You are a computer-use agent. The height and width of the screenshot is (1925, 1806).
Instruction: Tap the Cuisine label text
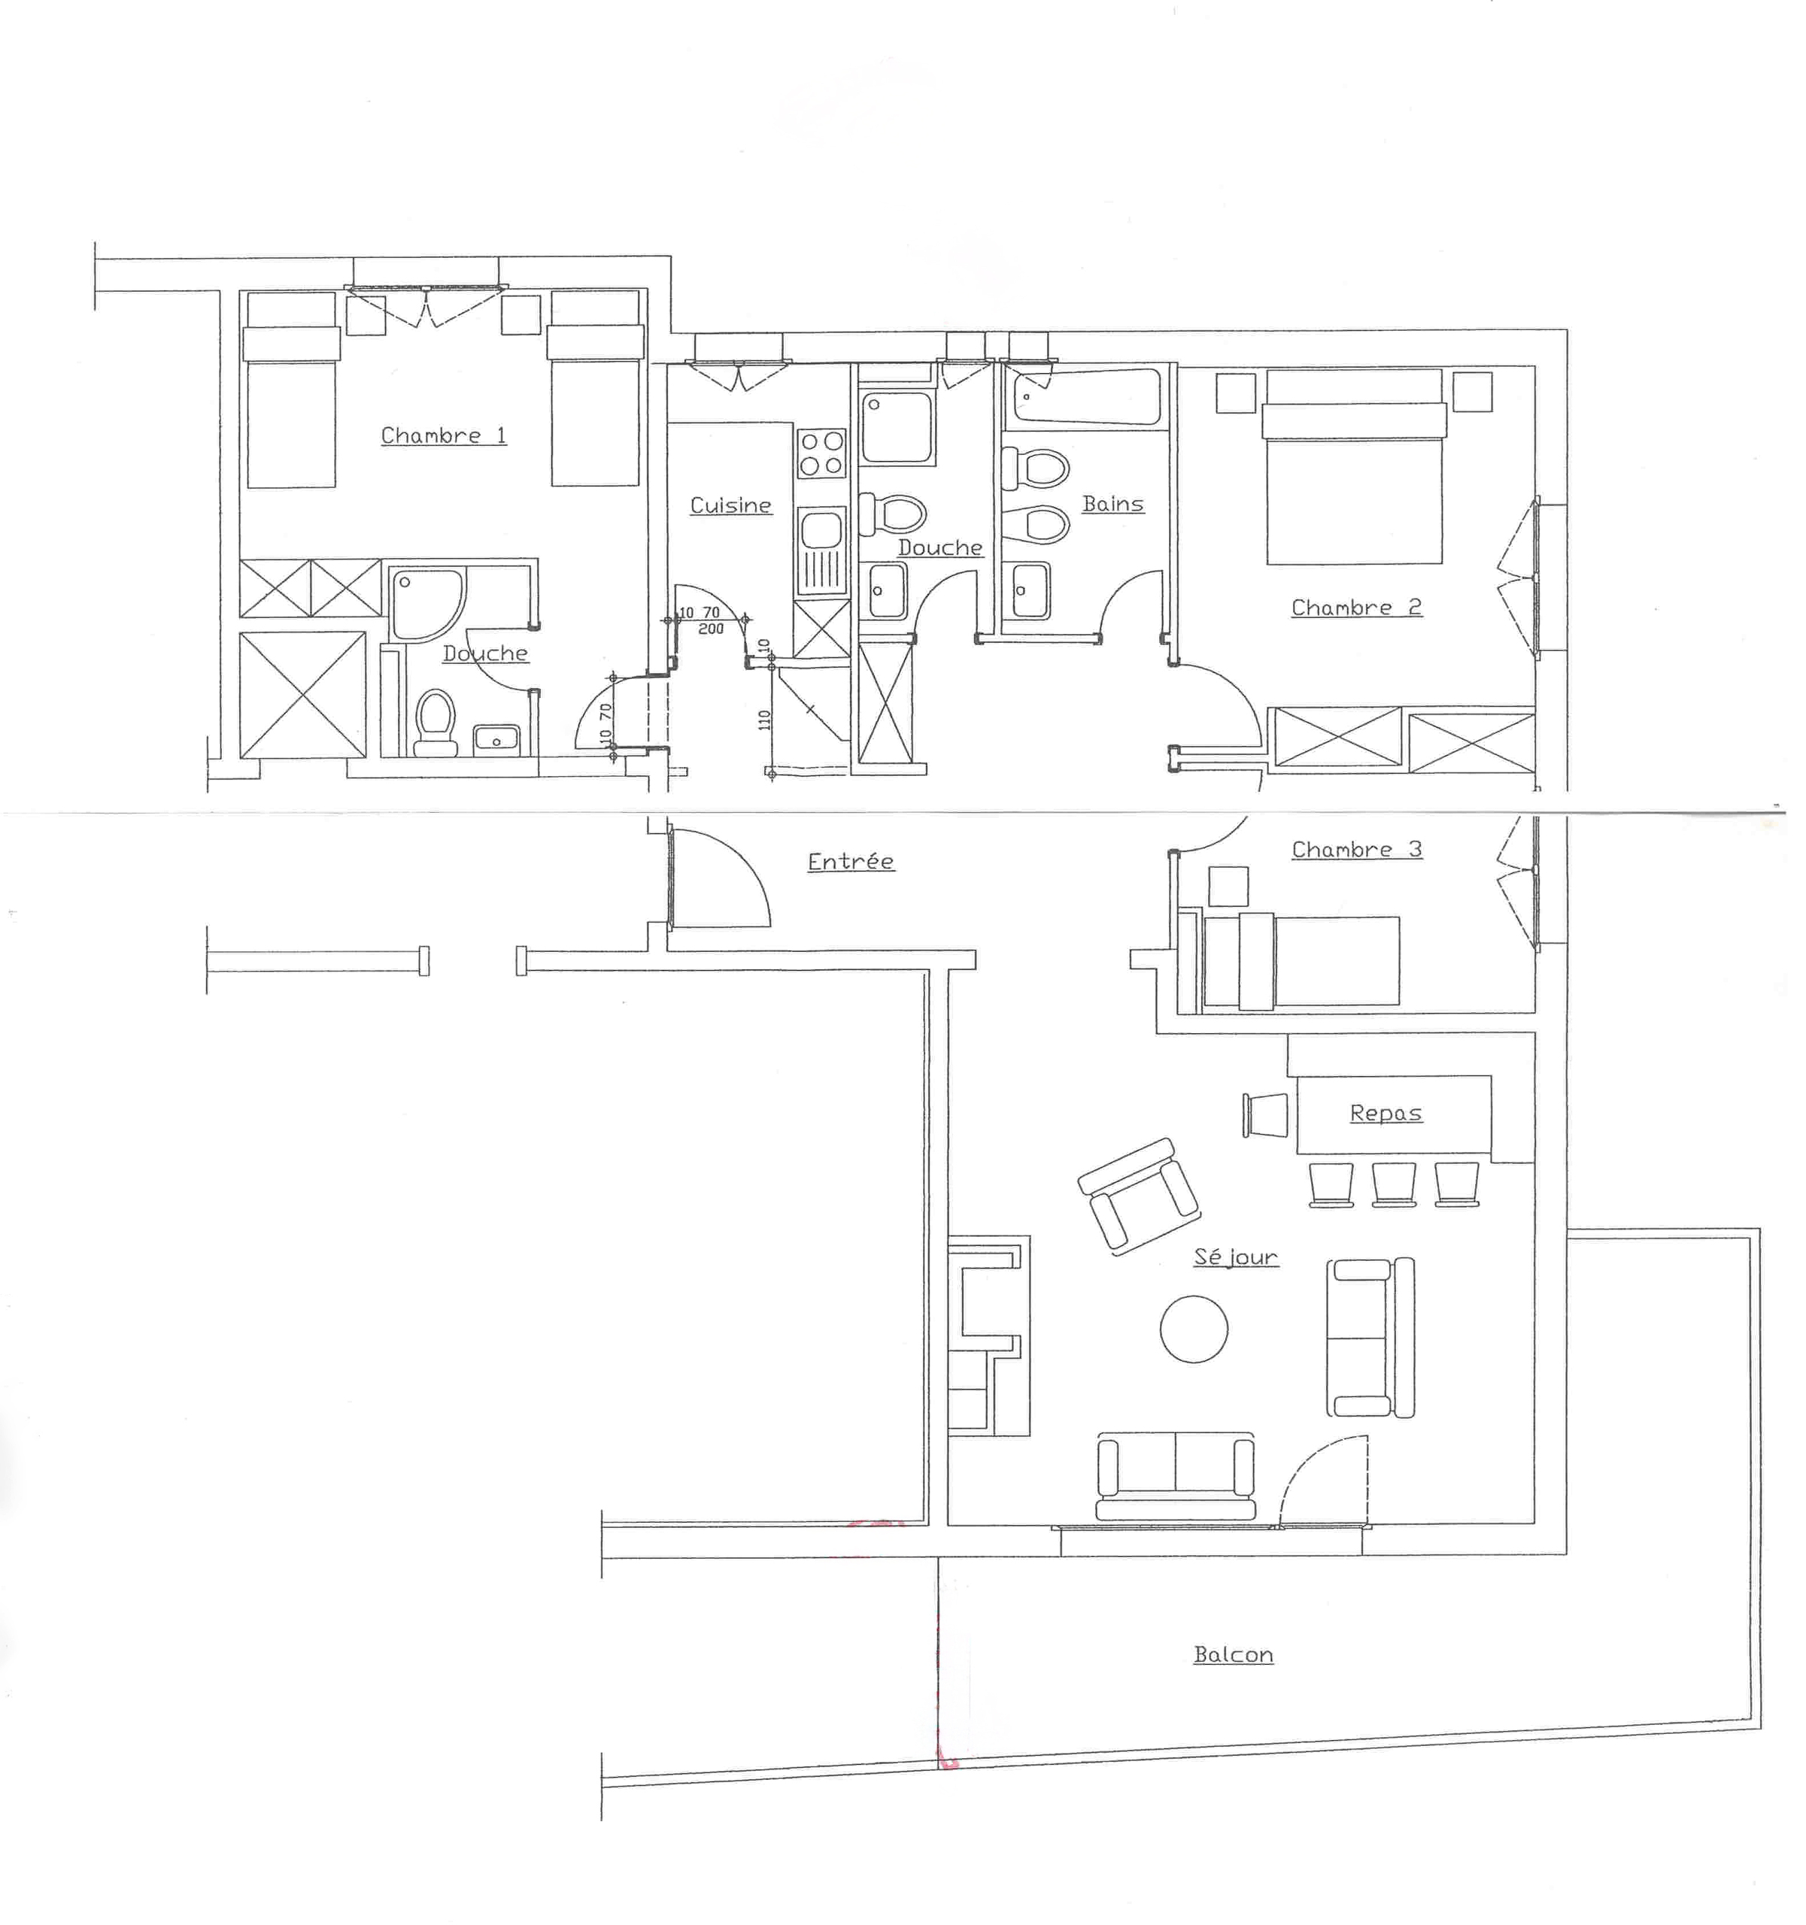tap(730, 505)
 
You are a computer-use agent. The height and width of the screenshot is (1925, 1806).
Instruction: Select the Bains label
tap(1112, 504)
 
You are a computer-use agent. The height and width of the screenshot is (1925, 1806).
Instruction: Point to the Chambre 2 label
tap(1355, 608)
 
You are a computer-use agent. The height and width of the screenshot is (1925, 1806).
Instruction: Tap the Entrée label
tap(850, 862)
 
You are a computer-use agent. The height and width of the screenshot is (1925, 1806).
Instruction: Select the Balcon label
tap(1233, 1655)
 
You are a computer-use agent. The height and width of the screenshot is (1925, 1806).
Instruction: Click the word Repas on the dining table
tap(1386, 1114)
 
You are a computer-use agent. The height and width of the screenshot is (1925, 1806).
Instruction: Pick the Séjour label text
tap(1236, 1257)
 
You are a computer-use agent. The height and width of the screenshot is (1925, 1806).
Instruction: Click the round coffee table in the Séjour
tap(1194, 1329)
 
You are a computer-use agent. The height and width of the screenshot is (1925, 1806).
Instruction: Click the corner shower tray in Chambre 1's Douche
tap(425, 603)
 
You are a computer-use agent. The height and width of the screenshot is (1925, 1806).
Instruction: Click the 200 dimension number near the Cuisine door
tap(711, 629)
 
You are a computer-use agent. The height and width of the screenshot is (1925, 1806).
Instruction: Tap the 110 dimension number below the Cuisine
tap(765, 720)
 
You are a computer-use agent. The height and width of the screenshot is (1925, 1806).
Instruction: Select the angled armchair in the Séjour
tap(1139, 1197)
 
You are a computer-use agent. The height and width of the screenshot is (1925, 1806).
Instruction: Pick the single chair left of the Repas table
tap(1264, 1114)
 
